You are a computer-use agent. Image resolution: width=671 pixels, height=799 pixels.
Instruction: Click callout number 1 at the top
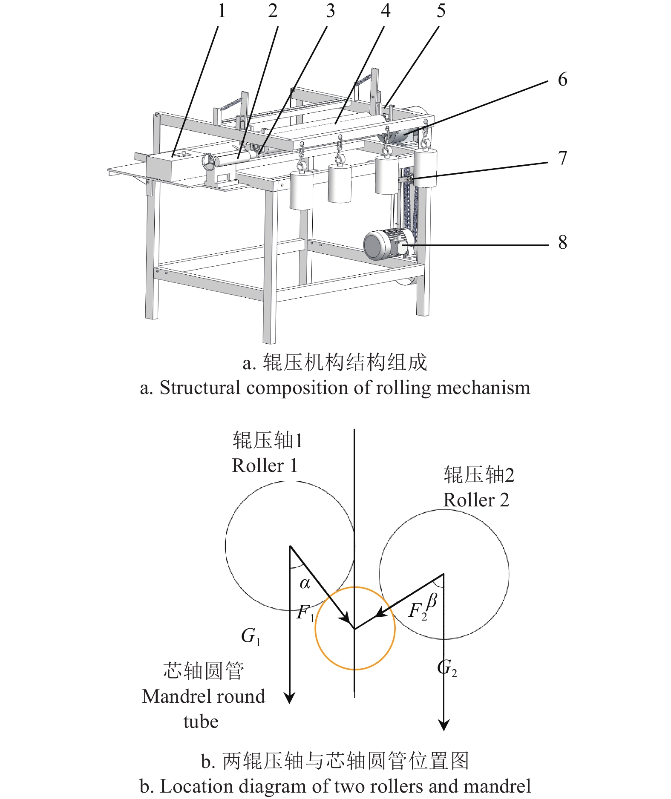point(222,11)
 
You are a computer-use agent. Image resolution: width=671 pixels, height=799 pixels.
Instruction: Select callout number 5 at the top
point(441,11)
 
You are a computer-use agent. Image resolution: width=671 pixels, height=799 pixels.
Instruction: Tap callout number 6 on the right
point(562,80)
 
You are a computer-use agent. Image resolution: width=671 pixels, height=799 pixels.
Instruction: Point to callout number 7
point(562,158)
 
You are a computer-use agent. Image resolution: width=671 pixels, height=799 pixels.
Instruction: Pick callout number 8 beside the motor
point(562,242)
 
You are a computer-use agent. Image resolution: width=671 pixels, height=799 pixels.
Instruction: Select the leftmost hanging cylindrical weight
point(301,190)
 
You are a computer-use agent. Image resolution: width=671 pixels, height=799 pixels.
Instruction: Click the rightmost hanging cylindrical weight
point(425,168)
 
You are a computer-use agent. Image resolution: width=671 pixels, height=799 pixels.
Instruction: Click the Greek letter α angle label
point(305,583)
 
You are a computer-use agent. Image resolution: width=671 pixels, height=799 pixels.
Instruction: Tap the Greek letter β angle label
point(432,601)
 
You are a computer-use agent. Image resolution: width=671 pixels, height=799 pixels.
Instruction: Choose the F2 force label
point(417,611)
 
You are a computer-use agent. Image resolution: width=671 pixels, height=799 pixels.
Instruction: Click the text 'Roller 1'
point(264,466)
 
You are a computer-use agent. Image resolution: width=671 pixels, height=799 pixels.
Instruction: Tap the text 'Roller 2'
point(476,500)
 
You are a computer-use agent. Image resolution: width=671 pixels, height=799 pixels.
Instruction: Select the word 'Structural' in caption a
point(200,388)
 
